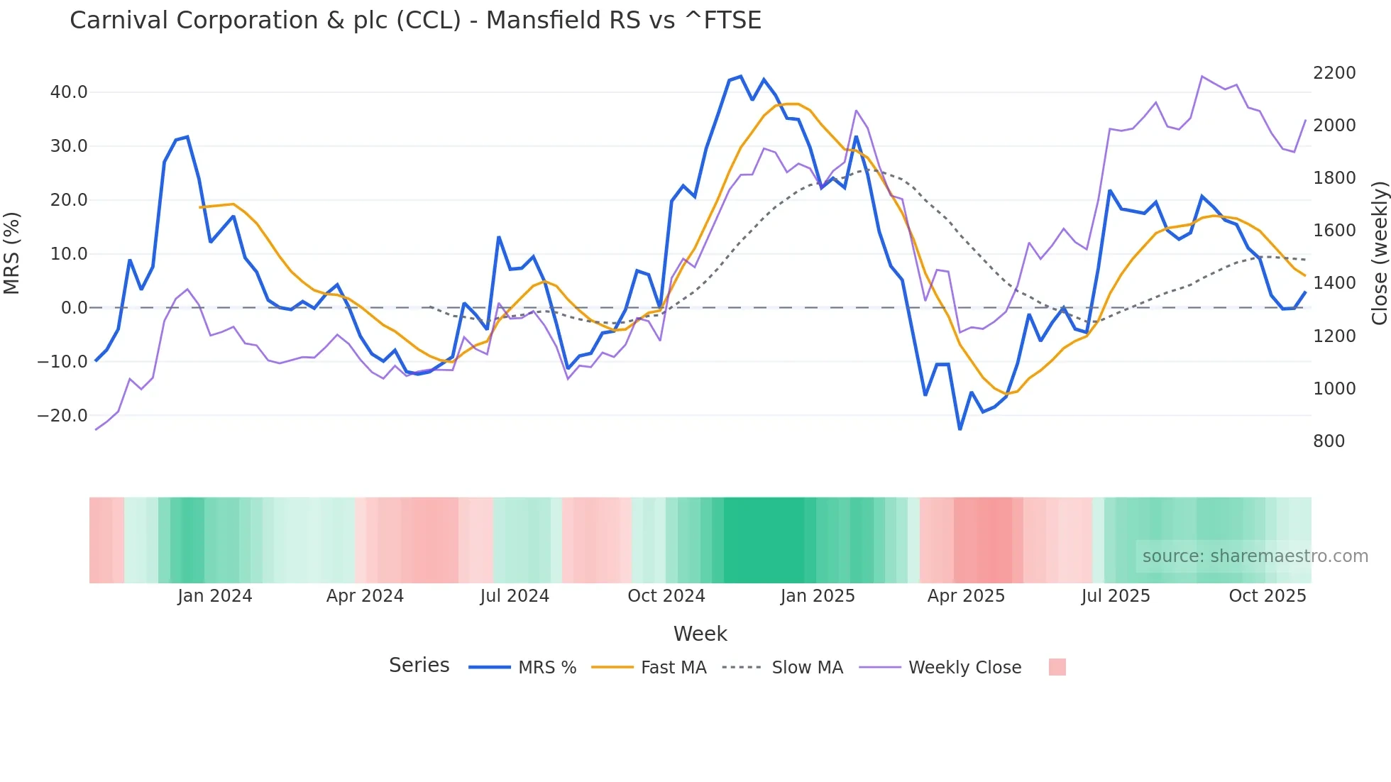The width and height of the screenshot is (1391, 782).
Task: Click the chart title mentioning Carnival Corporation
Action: pos(415,21)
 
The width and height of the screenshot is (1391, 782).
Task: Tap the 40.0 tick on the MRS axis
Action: pos(68,92)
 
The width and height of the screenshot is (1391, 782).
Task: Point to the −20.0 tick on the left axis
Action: pos(62,416)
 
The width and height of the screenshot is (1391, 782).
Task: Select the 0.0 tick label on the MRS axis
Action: pos(74,308)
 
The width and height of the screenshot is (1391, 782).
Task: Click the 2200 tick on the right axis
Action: pos(1334,73)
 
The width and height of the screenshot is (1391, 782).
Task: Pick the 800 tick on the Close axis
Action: pos(1329,441)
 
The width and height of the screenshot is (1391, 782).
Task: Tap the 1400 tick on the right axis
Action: pos(1334,283)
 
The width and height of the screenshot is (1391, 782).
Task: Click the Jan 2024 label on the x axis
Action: pos(214,596)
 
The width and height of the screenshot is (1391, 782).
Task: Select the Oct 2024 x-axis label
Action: pos(666,596)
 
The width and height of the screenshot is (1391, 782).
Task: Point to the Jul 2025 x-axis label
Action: pos(1115,596)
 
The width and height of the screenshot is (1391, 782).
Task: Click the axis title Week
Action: pos(700,634)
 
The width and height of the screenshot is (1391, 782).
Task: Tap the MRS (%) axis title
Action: pos(12,253)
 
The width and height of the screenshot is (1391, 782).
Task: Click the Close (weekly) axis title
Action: pos(1379,253)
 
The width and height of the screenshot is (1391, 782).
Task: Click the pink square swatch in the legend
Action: pos(1057,667)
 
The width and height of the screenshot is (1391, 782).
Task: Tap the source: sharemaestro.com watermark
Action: pos(1255,556)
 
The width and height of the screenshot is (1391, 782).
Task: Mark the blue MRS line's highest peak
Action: pos(740,76)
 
